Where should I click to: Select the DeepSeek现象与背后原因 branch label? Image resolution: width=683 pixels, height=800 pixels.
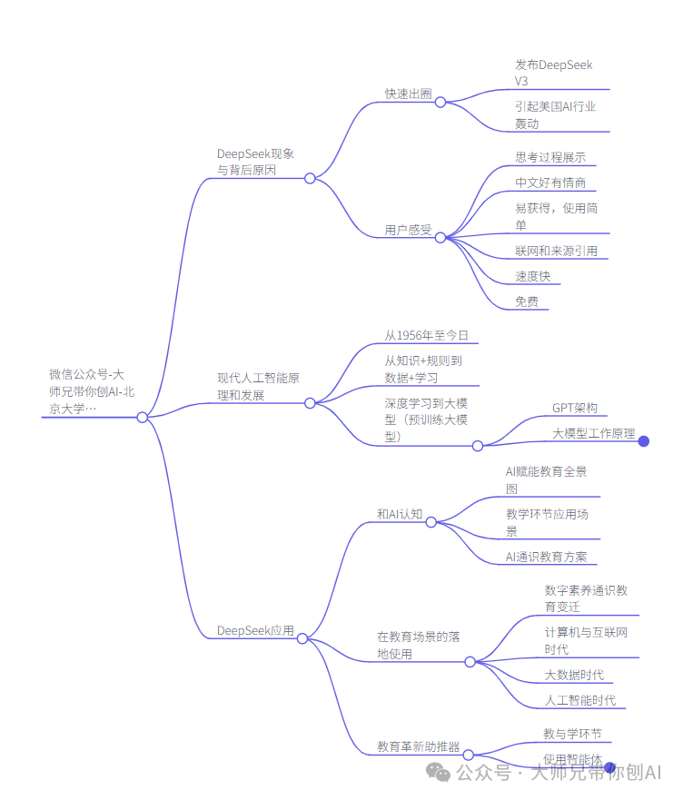[x=255, y=162]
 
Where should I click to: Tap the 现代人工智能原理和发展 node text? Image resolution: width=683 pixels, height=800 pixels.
[x=258, y=386]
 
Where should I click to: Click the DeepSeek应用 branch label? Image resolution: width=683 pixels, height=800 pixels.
[x=255, y=631]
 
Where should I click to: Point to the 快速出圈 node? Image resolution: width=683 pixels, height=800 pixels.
[x=408, y=94]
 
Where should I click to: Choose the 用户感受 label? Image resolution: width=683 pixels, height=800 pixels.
[x=408, y=230]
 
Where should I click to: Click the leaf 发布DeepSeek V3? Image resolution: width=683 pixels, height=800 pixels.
[x=553, y=73]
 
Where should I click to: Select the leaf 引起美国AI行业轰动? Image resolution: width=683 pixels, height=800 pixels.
[x=555, y=114]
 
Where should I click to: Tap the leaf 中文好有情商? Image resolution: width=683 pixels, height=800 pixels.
[x=550, y=183]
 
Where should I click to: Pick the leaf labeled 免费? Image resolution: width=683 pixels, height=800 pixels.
[x=527, y=301]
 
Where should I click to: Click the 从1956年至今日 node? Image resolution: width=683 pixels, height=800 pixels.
[x=426, y=336]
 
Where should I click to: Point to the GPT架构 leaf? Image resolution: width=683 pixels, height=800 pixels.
[x=575, y=409]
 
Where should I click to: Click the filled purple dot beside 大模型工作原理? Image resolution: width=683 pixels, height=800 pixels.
[x=644, y=441]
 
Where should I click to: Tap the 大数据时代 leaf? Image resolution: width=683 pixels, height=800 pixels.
[x=574, y=675]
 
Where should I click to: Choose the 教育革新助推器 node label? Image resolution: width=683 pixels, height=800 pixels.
[x=419, y=747]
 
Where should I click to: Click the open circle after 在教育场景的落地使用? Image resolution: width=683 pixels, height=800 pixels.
[x=470, y=662]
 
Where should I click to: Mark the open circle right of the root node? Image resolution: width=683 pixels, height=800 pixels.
[x=143, y=418]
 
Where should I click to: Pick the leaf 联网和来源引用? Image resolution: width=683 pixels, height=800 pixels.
[x=556, y=251]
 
